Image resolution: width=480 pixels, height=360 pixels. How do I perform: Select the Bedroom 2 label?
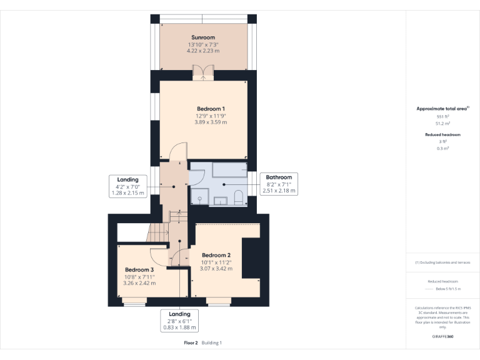coord(216,255)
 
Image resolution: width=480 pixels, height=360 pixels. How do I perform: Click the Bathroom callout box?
coord(278,184)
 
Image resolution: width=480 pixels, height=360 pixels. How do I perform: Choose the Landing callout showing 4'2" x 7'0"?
coord(127,186)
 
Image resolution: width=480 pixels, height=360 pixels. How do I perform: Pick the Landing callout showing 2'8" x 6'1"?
coord(179,320)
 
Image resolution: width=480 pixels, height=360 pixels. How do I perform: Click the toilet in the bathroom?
coord(237,198)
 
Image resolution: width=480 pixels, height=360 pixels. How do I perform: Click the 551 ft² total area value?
coord(442,117)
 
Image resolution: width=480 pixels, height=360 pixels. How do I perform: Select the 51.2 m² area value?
coord(442,124)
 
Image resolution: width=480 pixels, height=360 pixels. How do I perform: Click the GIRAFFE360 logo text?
coord(442,336)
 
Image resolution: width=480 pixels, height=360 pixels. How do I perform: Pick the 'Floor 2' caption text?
coord(191,342)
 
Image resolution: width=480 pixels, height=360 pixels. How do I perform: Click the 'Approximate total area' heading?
coord(441,109)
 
